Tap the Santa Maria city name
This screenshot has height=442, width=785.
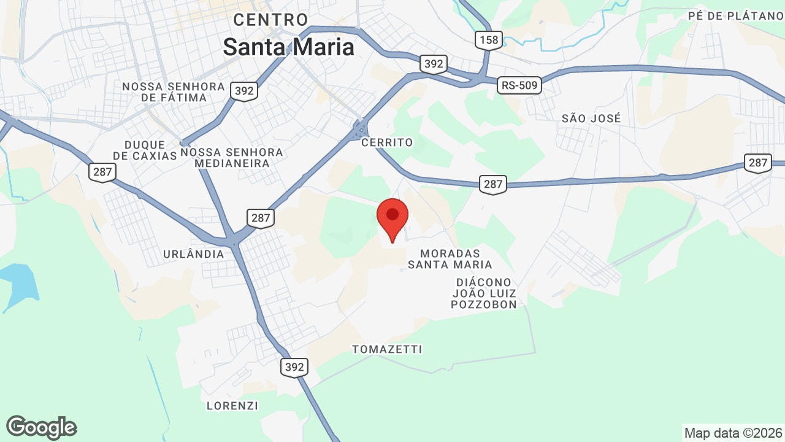point(288,47)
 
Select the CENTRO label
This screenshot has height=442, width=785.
point(270,20)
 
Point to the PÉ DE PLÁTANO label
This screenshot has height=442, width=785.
point(736,16)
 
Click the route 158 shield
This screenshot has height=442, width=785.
point(489,41)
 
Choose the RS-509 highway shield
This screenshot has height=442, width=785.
point(519,86)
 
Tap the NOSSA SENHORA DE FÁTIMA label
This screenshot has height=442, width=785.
point(174,92)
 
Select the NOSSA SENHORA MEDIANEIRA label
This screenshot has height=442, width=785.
point(232,158)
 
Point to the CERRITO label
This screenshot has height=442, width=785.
point(387,142)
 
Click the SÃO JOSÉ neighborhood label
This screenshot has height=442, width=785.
point(591,118)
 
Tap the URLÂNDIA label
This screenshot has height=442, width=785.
point(194,254)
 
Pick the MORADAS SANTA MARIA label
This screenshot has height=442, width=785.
point(450,259)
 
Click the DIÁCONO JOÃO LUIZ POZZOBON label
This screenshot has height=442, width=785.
point(484,293)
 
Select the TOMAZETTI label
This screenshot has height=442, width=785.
point(387,349)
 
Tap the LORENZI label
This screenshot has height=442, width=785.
point(232,406)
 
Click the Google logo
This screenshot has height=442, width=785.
point(42,427)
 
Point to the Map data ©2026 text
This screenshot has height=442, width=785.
point(732,433)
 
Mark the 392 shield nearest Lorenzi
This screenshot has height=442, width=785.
point(294,367)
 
